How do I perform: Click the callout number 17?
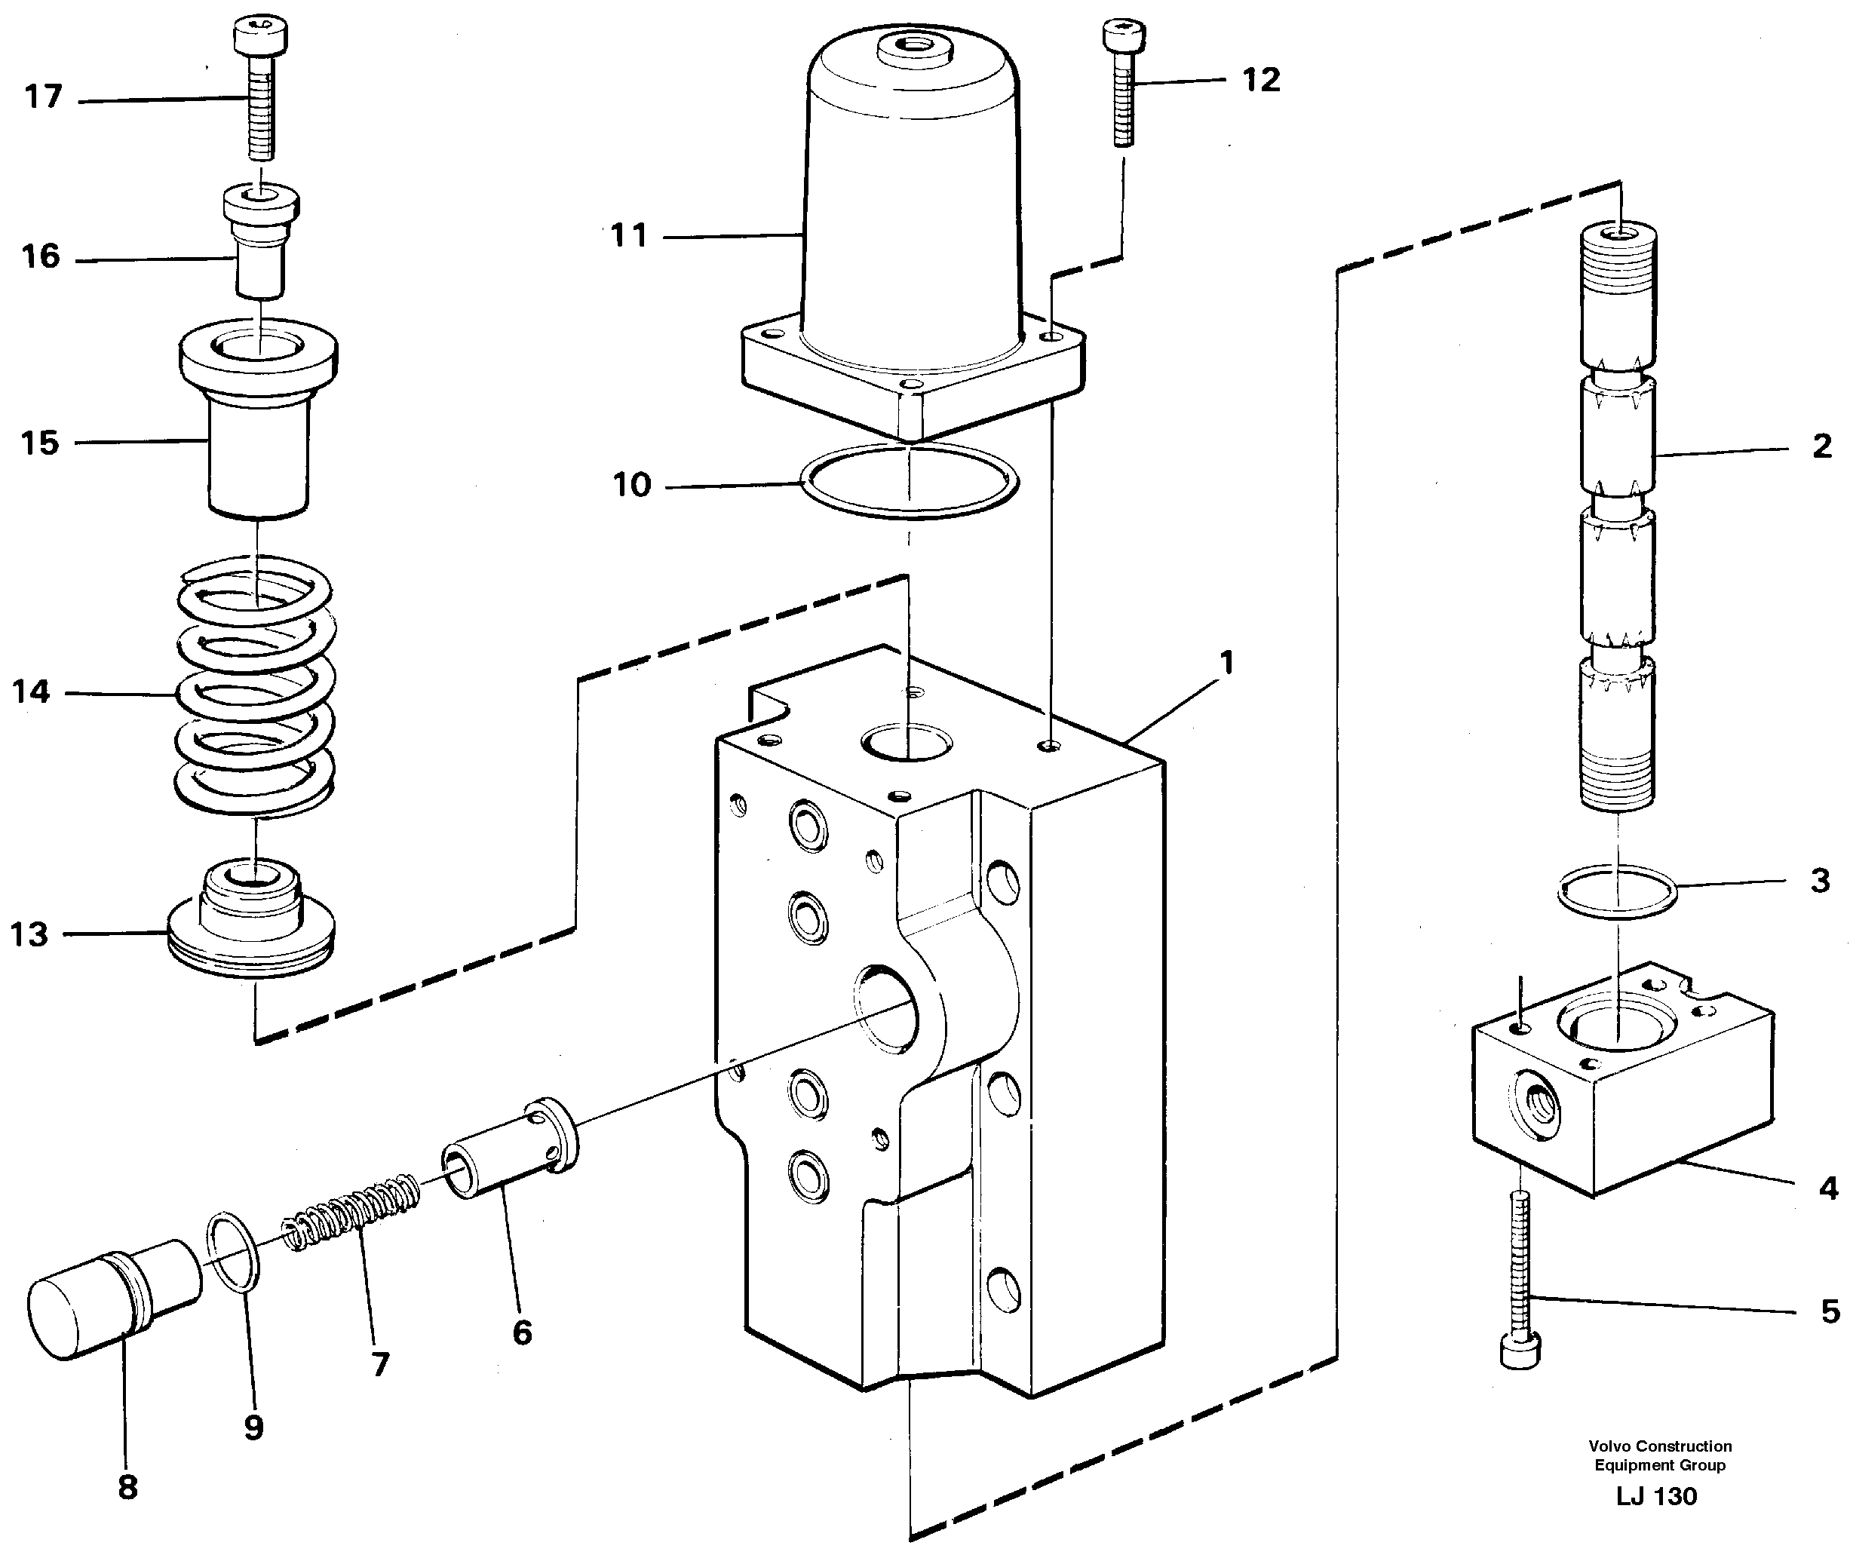tap(43, 97)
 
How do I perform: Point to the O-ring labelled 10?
tap(910, 480)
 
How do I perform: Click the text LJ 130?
tap(1656, 1496)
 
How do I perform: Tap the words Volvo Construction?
tap(1660, 1446)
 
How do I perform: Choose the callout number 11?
tap(629, 236)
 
